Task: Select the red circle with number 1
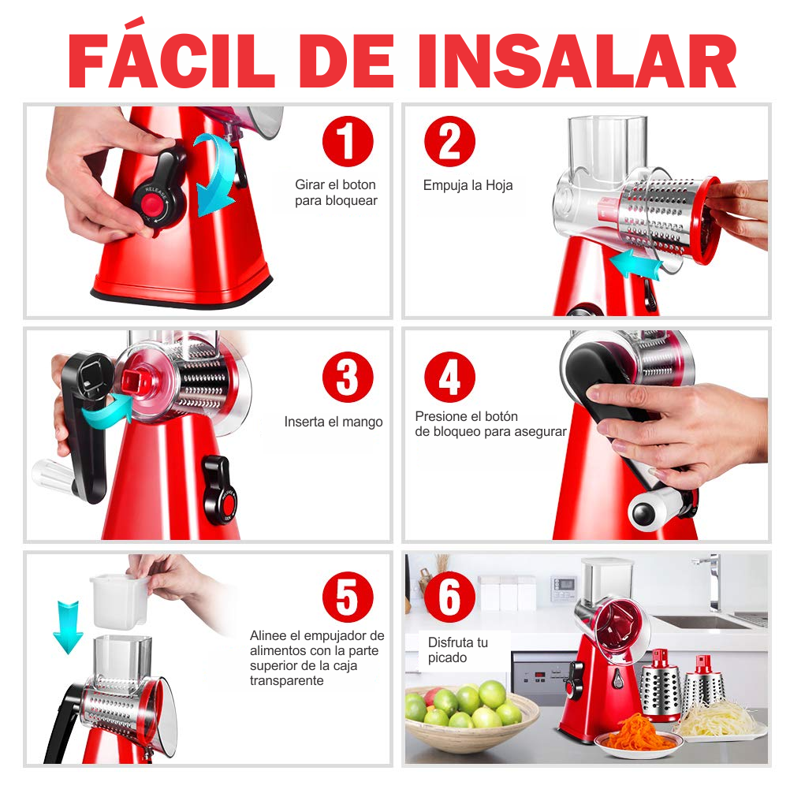(347, 143)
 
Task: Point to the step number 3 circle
(348, 377)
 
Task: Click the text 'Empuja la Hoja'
(468, 185)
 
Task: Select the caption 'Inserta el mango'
(334, 422)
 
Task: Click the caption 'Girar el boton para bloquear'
(336, 192)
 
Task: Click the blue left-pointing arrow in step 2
(635, 264)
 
